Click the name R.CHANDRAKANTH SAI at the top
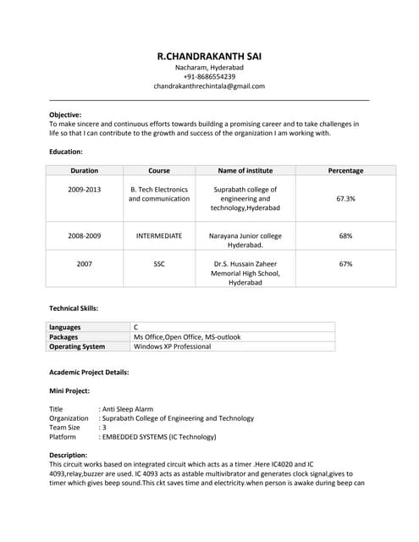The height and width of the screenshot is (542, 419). (x=209, y=56)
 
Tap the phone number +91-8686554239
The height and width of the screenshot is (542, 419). (x=209, y=76)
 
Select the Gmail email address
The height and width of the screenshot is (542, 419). (x=209, y=86)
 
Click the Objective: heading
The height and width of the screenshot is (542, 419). (x=65, y=114)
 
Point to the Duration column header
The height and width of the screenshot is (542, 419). (x=84, y=170)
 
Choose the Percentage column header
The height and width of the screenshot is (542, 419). (x=345, y=170)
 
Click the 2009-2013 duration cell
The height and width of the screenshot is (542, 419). (x=84, y=189)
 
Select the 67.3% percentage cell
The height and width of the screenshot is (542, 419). (x=345, y=198)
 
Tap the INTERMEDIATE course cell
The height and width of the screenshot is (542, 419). (x=159, y=235)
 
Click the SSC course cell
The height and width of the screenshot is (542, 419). (x=159, y=263)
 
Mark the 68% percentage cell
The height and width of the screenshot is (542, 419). (x=345, y=235)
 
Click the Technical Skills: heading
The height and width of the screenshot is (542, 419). (x=74, y=308)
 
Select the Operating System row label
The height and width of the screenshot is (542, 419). (x=77, y=346)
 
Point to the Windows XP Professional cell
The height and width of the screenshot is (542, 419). (x=172, y=346)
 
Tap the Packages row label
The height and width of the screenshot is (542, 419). (x=63, y=336)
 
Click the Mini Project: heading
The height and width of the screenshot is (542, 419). (x=69, y=390)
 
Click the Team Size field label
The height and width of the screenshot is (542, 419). (x=64, y=428)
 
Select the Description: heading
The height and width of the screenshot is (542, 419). (x=68, y=455)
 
